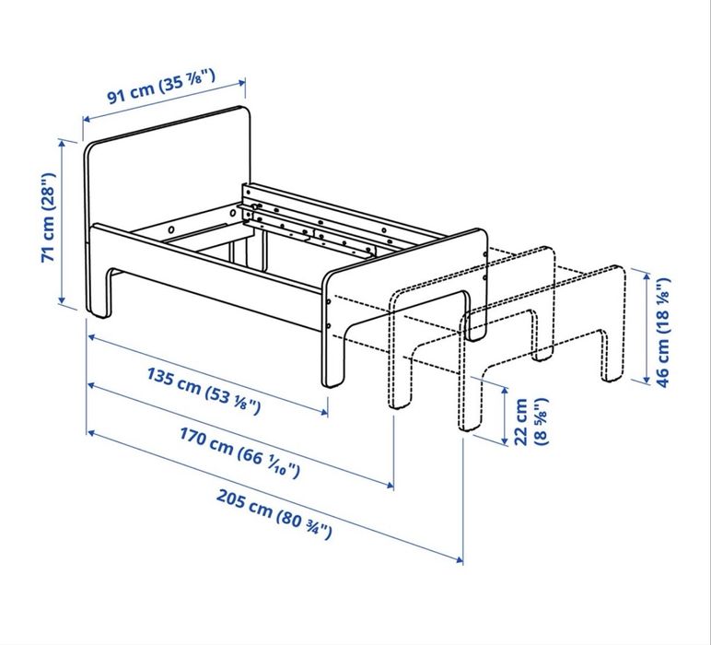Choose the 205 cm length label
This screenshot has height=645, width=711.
[x=274, y=517]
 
